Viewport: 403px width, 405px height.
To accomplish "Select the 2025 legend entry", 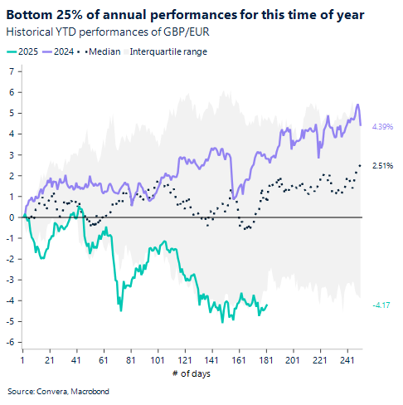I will point(27,51).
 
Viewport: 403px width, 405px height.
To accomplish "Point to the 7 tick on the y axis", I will point(11,71).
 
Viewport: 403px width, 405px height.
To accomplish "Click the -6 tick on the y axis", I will point(9,342).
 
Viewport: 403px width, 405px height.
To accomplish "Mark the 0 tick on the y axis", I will point(11,217).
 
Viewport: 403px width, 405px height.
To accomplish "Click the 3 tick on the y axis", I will point(11,155).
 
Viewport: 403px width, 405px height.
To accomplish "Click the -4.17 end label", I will point(381,305).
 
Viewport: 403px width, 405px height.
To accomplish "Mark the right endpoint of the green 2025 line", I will point(267,305).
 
